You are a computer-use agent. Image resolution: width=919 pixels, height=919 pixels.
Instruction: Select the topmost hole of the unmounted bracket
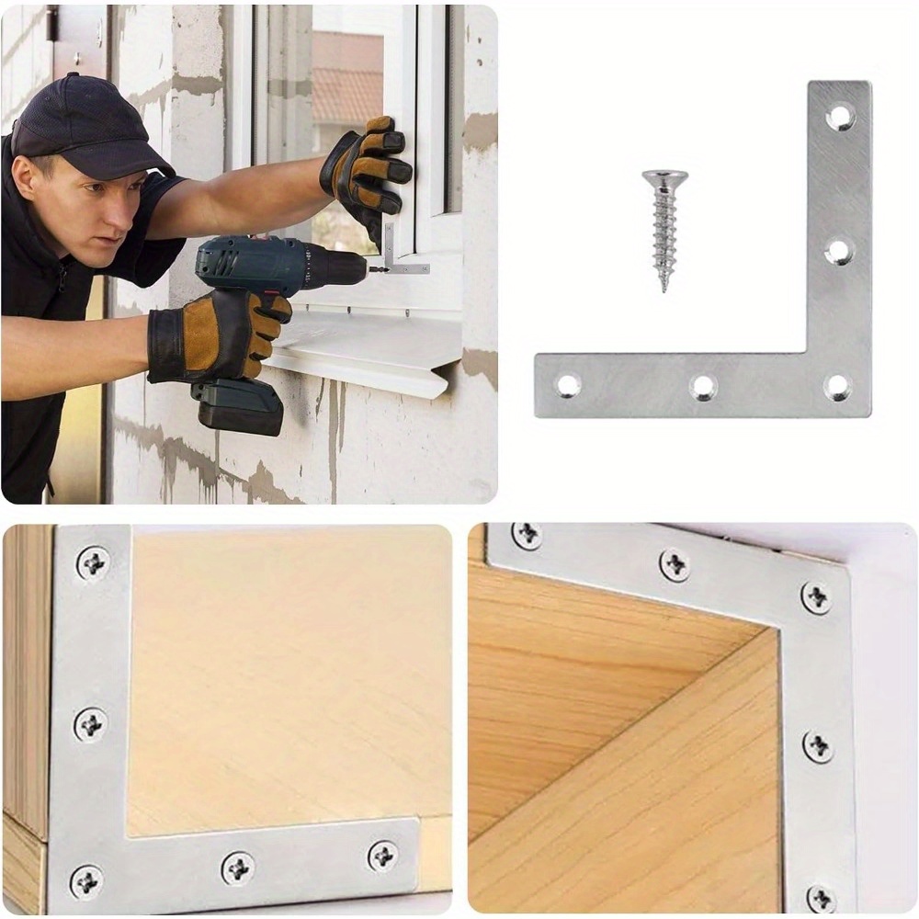pos(839,116)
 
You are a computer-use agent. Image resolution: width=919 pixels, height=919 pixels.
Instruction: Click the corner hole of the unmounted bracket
pos(837,386)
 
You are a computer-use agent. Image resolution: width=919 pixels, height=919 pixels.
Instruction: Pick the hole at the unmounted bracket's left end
pos(568,385)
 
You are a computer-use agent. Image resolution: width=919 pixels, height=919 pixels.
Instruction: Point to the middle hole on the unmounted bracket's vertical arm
pos(839,250)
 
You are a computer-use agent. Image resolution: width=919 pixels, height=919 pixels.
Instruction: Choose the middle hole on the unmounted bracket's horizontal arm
pos(703,387)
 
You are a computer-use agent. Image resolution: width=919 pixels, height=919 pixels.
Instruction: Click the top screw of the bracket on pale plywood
pos(92,562)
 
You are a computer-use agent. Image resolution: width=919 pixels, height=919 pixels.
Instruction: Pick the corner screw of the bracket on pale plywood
pos(86,880)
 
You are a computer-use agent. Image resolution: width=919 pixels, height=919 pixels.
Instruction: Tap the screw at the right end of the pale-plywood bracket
pos(383,856)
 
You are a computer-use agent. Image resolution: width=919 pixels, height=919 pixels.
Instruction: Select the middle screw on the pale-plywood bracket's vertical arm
pos(90,724)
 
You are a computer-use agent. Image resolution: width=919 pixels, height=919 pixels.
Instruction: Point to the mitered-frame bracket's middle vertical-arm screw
pos(817,746)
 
